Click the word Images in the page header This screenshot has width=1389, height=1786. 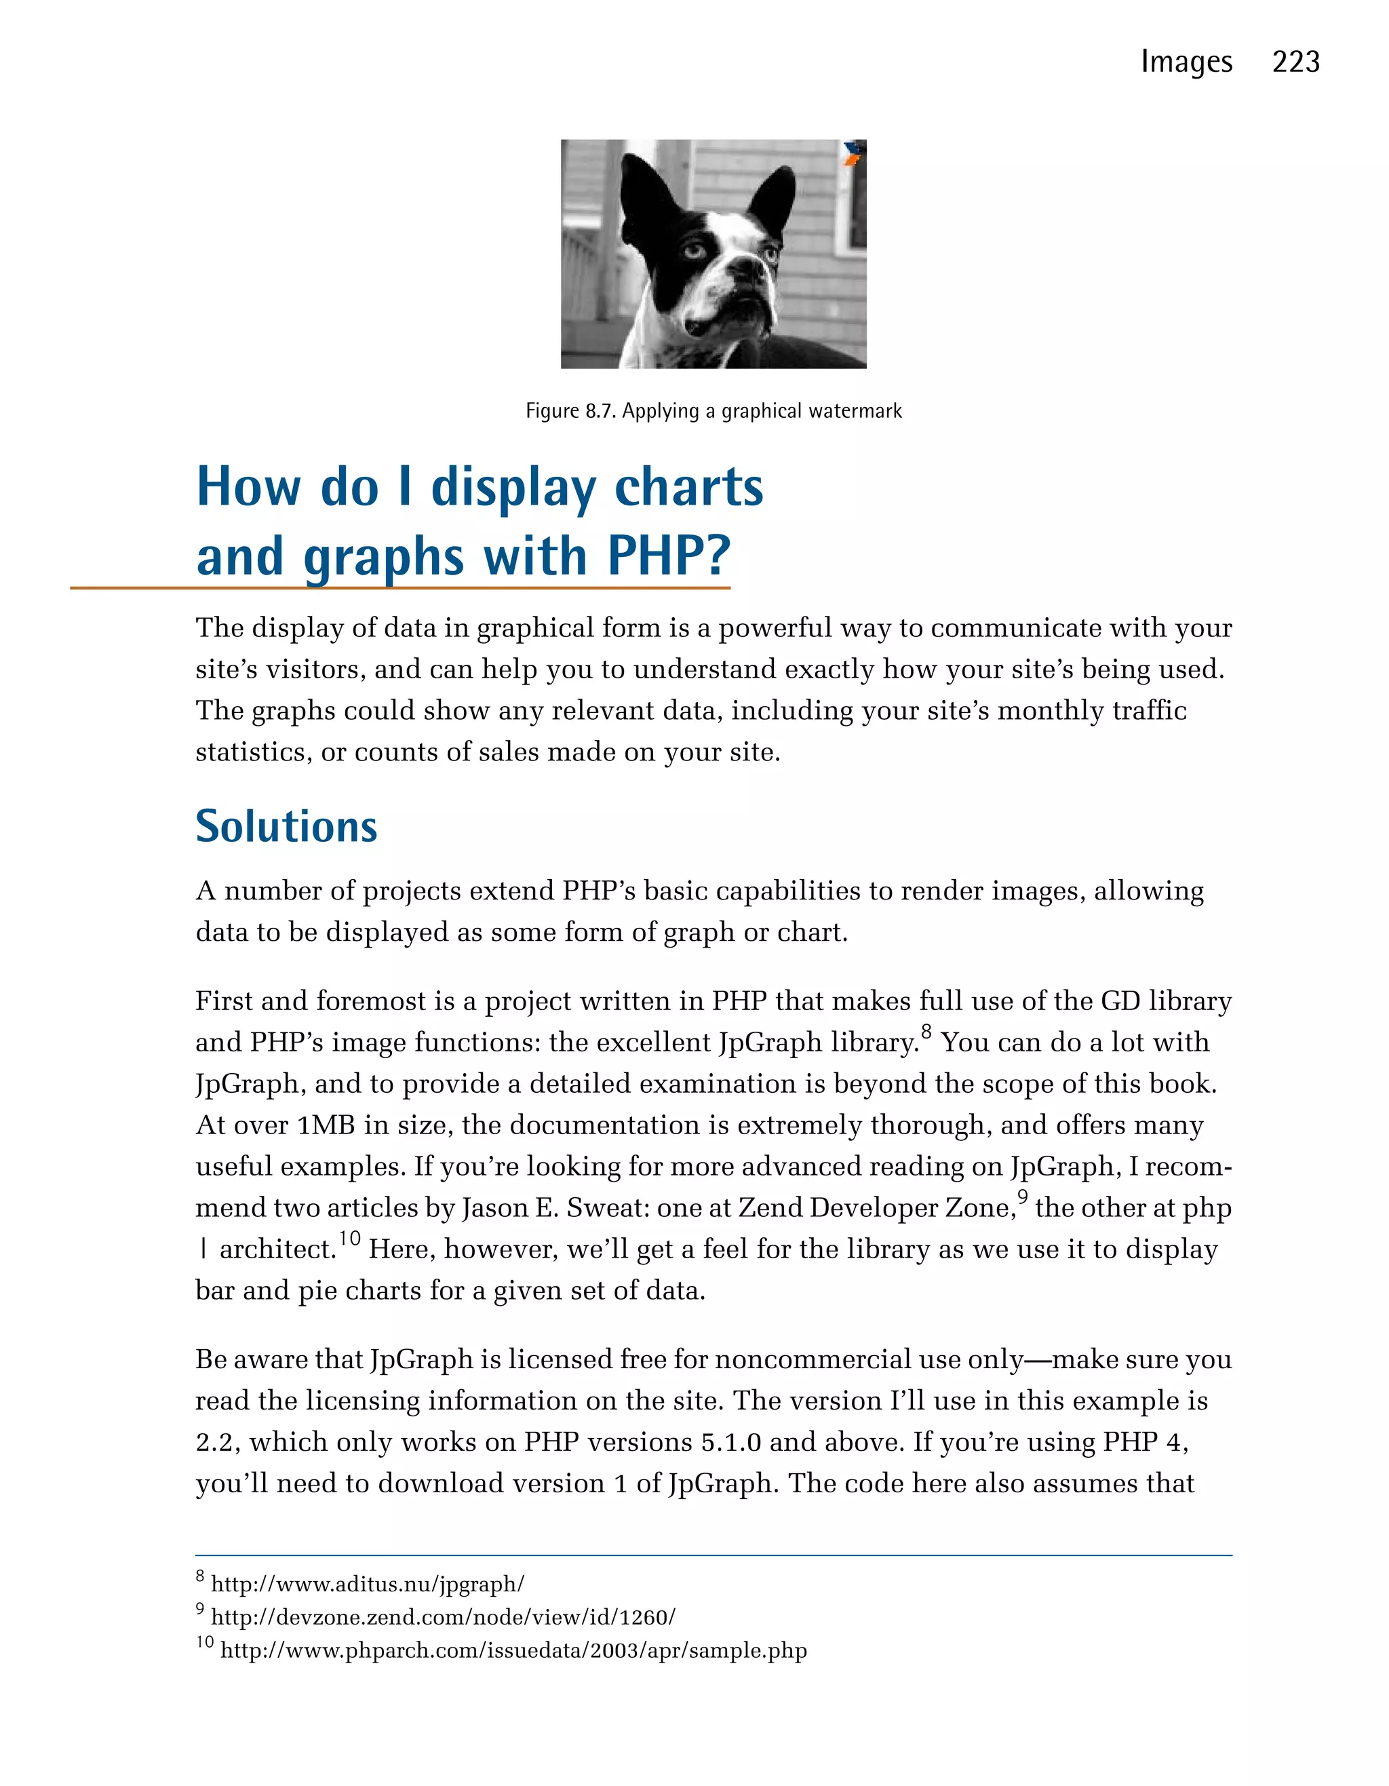(1186, 62)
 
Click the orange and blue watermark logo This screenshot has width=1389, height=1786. (853, 153)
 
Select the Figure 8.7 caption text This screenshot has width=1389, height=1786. (713, 410)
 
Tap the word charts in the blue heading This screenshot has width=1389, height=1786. (688, 488)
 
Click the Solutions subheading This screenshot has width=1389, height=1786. (286, 826)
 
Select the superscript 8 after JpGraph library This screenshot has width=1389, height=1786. (926, 1032)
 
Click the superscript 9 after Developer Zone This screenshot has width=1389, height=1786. (1022, 1197)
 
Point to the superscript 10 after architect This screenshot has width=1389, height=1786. (349, 1238)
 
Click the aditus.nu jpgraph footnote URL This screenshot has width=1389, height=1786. (367, 1584)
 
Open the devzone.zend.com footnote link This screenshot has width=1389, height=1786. (443, 1616)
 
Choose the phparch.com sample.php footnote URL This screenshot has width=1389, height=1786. (513, 1650)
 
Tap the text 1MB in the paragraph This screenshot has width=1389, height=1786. (326, 1125)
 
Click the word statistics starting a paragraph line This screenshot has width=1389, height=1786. (254, 752)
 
